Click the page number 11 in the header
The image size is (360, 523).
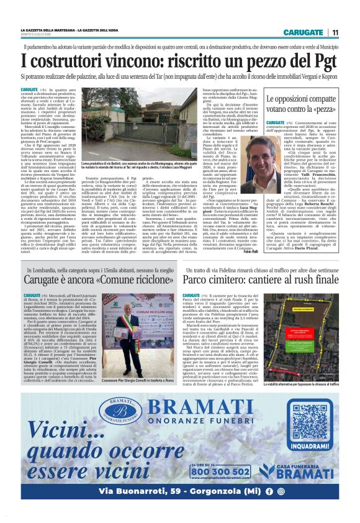[x=335, y=32]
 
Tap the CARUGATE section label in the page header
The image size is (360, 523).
[x=303, y=32]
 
